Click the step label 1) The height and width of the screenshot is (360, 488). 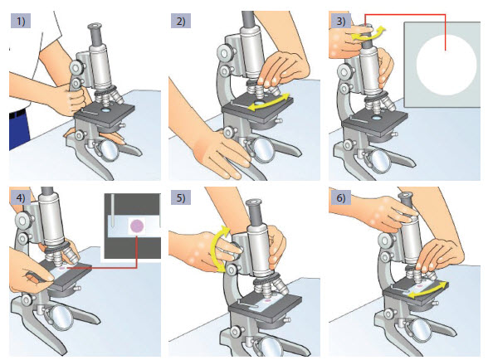[21, 21]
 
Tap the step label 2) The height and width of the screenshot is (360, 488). [181, 21]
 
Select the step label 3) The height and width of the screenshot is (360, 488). [340, 21]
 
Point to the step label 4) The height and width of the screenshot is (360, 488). [21, 197]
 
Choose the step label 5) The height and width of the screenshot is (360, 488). [181, 197]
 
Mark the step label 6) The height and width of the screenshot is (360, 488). [340, 197]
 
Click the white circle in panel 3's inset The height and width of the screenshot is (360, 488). [447, 65]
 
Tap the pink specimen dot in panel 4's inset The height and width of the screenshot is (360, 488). [137, 226]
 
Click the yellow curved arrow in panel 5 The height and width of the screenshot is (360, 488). [214, 249]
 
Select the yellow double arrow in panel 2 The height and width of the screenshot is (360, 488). [271, 102]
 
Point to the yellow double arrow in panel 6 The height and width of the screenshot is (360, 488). [429, 290]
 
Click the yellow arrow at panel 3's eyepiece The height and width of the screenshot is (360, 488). [368, 35]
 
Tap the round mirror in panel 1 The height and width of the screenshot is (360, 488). [110, 151]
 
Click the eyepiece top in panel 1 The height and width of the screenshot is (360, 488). [95, 26]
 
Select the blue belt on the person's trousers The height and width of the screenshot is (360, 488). [18, 114]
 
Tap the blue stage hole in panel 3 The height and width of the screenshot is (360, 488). [377, 118]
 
